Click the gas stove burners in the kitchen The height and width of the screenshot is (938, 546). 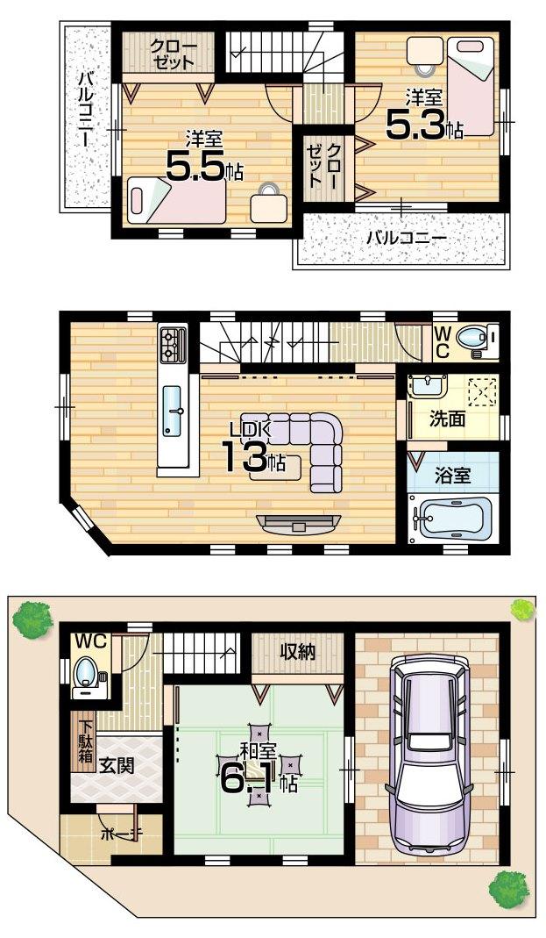pyautogui.click(x=172, y=343)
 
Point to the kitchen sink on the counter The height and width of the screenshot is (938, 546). pyautogui.click(x=173, y=411)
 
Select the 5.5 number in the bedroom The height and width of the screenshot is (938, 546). pyautogui.click(x=195, y=168)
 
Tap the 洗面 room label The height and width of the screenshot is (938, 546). pyautogui.click(x=447, y=419)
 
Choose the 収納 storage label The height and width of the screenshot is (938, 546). pyautogui.click(x=298, y=651)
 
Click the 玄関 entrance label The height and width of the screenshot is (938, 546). pyautogui.click(x=116, y=764)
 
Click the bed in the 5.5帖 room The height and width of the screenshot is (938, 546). pyautogui.click(x=176, y=199)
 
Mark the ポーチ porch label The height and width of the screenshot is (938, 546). pyautogui.click(x=118, y=834)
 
